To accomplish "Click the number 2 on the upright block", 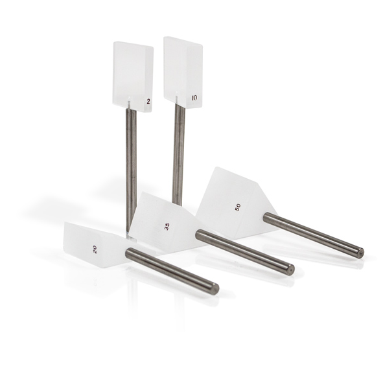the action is point(148,102).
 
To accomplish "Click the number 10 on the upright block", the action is point(194,98).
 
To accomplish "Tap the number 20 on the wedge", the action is point(95,249).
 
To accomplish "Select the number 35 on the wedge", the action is point(167,227).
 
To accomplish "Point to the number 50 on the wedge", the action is point(237,207).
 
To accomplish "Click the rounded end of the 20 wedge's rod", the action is point(215,288).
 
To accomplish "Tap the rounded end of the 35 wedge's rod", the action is point(290,270).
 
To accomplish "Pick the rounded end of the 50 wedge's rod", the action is point(360,253).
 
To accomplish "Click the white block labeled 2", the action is point(133,77).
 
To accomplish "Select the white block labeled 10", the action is point(183,72).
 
